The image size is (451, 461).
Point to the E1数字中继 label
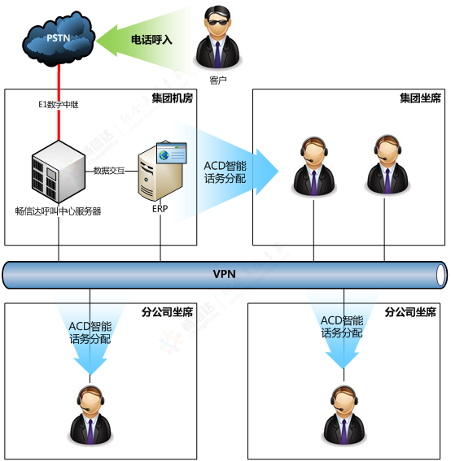click(x=58, y=104)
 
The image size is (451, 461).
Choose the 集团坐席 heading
click(x=420, y=98)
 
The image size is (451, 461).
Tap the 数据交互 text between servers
click(x=109, y=171)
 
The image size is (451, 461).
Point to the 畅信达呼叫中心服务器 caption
click(x=58, y=211)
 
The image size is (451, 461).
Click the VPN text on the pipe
click(x=224, y=274)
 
